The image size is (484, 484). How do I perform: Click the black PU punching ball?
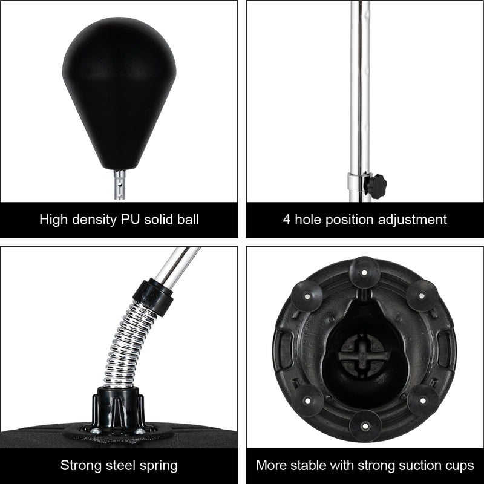[119, 91]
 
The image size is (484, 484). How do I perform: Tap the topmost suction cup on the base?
[365, 270]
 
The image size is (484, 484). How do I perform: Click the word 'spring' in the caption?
[159, 466]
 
